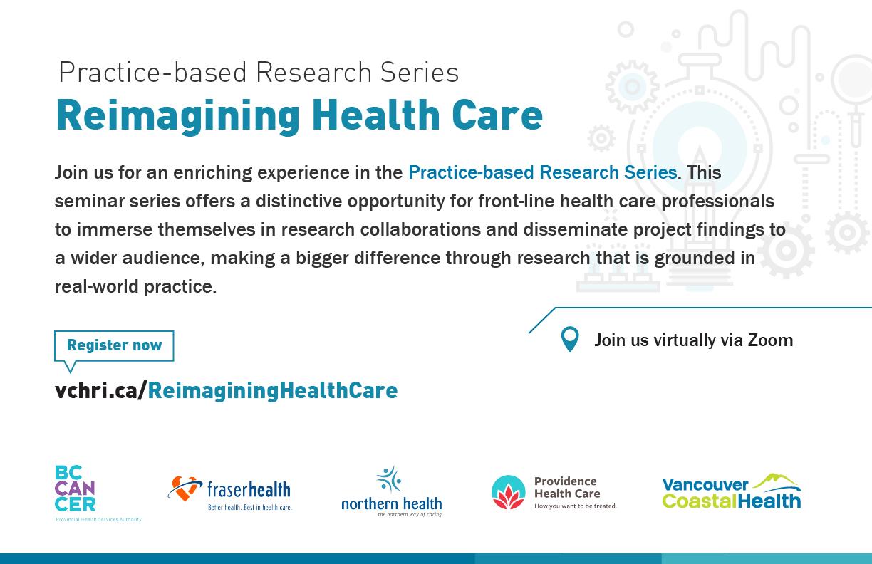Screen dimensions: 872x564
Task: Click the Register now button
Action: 114,345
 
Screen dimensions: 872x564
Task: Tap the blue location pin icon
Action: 570,340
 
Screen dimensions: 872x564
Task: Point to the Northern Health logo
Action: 392,491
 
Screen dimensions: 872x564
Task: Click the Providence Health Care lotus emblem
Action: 509,492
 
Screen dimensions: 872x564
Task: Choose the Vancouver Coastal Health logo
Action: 732,491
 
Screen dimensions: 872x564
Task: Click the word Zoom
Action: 770,340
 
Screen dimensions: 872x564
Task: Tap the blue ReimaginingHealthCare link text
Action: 272,390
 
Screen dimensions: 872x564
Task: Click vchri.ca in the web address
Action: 97,390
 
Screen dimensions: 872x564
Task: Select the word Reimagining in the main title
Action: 178,115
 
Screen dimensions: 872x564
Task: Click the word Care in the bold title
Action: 497,115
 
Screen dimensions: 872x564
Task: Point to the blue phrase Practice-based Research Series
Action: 543,172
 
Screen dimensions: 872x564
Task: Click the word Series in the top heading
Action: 420,73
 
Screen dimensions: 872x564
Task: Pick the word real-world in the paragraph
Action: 97,287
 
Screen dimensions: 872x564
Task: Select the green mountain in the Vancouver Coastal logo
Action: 777,481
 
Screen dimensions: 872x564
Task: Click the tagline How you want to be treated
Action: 576,506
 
